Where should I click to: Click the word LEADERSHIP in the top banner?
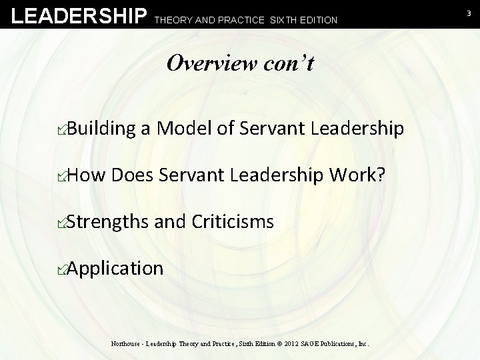[79, 15]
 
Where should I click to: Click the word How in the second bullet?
[87, 175]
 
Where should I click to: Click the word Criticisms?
[233, 221]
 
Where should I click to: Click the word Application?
[115, 269]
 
